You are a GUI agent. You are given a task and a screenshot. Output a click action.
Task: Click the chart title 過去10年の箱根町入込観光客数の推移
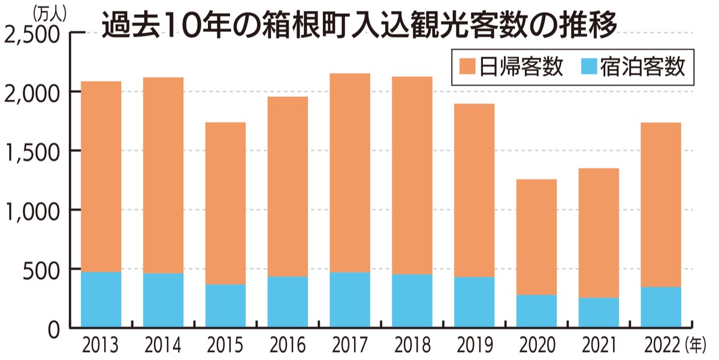(359, 25)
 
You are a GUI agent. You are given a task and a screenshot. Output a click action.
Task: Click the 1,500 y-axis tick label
(32, 151)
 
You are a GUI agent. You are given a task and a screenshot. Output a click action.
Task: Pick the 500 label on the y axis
(42, 270)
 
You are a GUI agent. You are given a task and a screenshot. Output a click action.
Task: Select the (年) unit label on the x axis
(696, 345)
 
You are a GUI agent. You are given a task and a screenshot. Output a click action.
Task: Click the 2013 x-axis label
(101, 346)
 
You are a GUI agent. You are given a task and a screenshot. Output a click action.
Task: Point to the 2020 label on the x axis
(536, 346)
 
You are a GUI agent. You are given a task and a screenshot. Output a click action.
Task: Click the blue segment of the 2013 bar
(101, 300)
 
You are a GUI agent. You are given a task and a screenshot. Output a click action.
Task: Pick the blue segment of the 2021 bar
(599, 313)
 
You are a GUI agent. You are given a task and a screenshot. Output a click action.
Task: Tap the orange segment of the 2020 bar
(536, 237)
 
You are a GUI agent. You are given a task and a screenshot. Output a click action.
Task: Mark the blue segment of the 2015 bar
(225, 306)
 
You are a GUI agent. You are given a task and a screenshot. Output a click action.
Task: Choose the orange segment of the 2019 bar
(474, 190)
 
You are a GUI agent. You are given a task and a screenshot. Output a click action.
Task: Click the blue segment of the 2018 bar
(412, 301)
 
